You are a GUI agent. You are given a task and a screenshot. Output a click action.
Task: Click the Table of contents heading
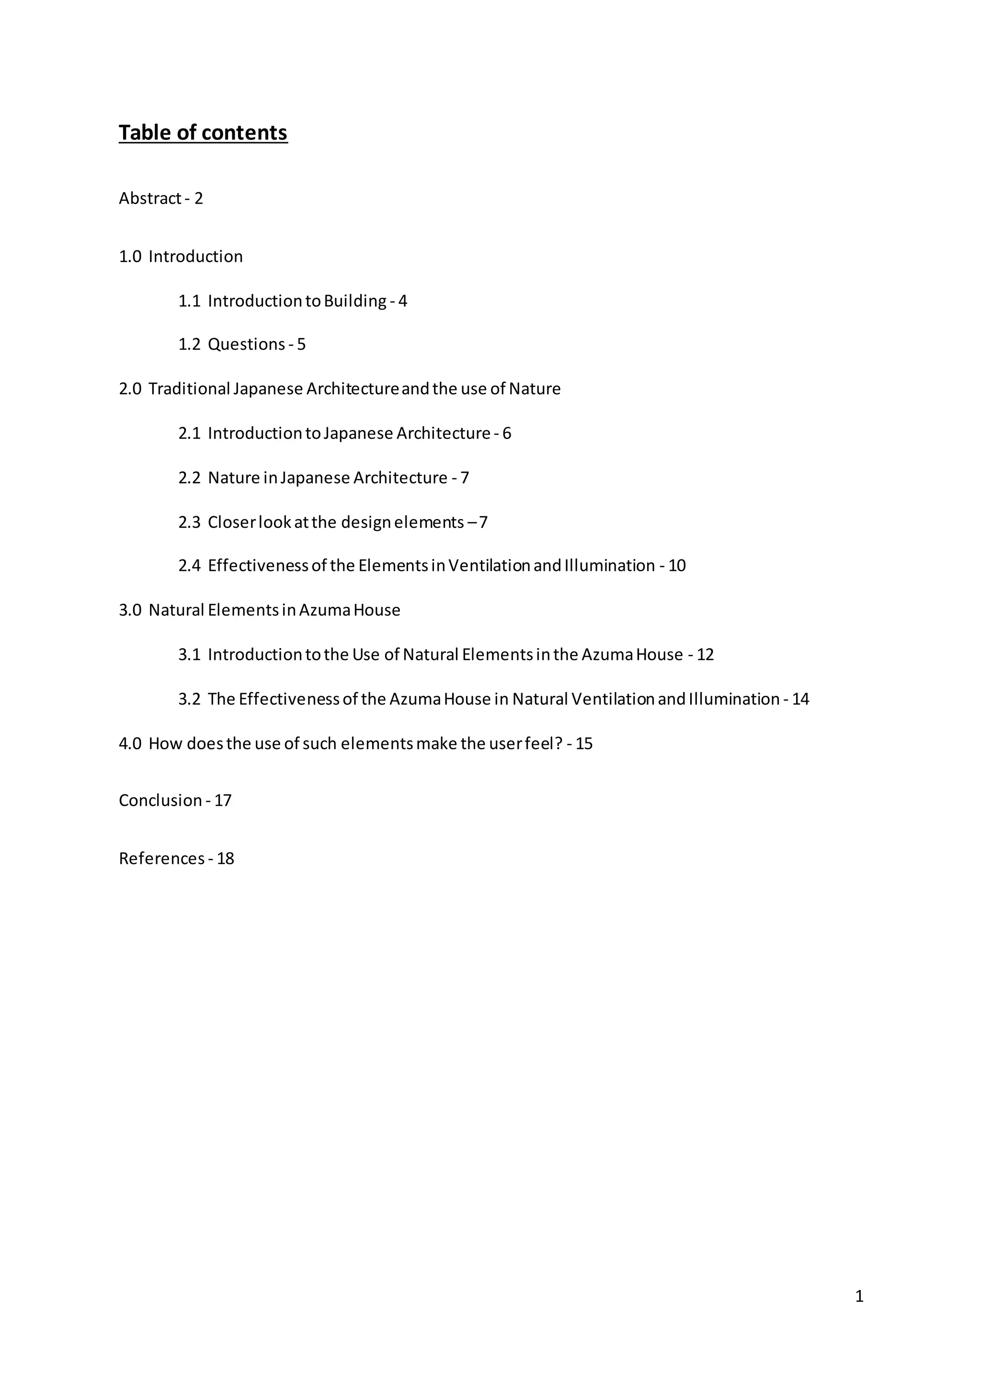(203, 133)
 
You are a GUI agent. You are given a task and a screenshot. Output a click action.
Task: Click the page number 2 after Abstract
(199, 198)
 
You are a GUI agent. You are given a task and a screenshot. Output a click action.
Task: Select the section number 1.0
(130, 256)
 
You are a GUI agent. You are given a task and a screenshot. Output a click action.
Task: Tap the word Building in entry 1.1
(355, 301)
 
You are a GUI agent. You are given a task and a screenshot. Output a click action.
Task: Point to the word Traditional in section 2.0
(190, 388)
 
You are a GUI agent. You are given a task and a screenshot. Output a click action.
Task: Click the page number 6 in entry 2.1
(506, 433)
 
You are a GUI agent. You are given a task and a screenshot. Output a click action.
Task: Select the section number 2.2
(189, 478)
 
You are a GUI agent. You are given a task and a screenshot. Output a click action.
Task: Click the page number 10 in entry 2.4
(677, 566)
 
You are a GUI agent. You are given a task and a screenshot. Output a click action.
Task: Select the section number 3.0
(130, 610)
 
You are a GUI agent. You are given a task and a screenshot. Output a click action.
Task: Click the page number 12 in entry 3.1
(705, 654)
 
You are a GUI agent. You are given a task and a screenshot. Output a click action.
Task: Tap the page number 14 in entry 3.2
(800, 699)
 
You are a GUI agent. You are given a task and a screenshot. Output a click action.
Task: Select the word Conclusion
(160, 800)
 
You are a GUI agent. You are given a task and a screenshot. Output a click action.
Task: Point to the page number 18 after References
(225, 858)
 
